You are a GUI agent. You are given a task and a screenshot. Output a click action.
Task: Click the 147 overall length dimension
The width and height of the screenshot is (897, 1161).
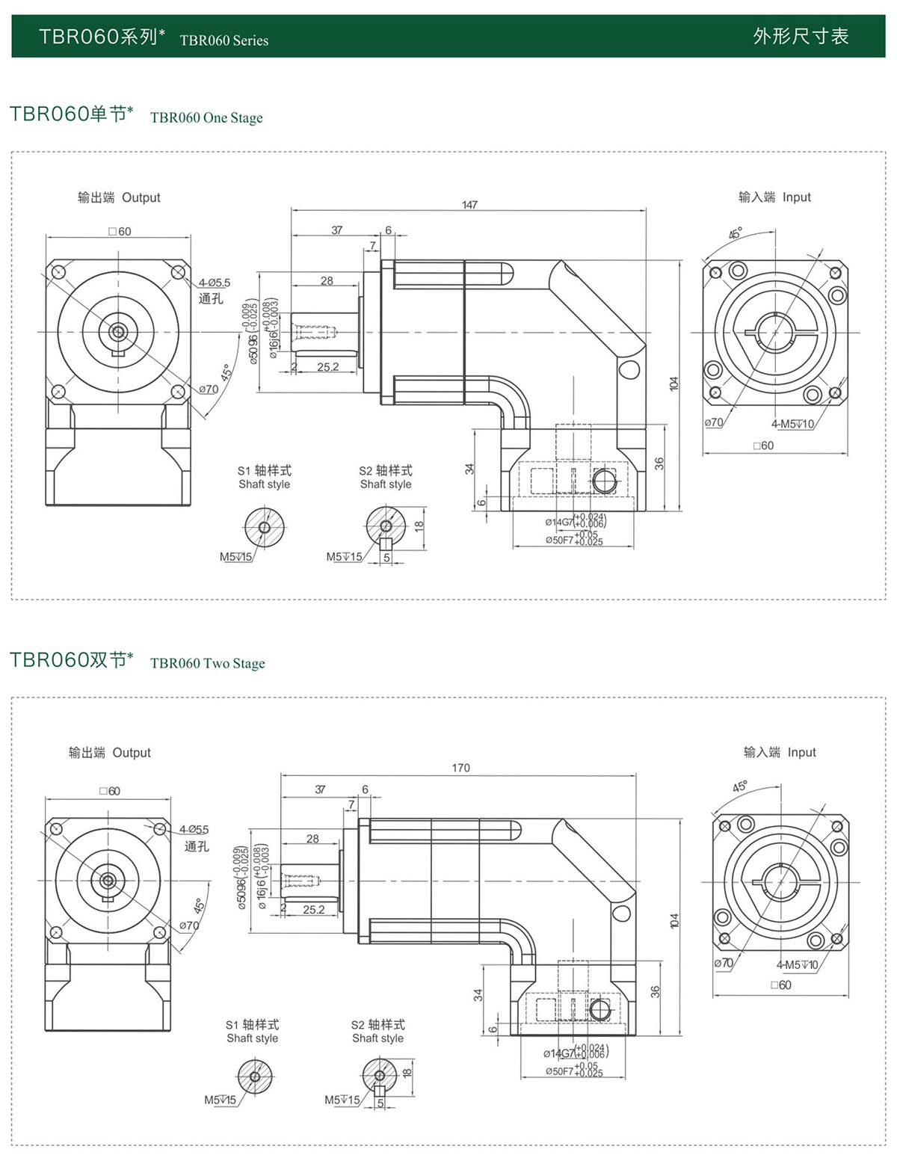pos(469,205)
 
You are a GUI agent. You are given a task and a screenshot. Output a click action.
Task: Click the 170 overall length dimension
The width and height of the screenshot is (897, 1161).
pos(461,768)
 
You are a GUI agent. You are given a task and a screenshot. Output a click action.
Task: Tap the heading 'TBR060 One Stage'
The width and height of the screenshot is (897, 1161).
pos(206,117)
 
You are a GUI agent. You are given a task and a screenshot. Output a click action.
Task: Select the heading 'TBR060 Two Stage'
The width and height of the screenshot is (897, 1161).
pos(207,663)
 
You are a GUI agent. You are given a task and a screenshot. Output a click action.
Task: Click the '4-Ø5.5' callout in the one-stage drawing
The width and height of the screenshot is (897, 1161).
pos(215,283)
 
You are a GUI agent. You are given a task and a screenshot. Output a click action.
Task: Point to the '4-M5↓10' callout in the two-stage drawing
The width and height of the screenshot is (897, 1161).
pos(797,965)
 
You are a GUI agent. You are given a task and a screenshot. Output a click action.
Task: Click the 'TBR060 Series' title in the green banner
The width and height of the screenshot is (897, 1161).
pos(224,40)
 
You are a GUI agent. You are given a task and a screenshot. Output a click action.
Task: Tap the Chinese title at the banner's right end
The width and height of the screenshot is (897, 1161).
pos(801,37)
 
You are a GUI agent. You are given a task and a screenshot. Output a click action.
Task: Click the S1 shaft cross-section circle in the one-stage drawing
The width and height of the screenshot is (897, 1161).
pos(264,527)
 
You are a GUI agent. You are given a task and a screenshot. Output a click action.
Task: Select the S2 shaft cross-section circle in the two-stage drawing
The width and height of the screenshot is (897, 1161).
pos(380,1076)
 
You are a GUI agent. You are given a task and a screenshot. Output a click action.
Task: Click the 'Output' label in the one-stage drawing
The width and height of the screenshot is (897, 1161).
pos(141,197)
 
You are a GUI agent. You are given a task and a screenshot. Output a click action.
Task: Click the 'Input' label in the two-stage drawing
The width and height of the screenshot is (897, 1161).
pos(801,752)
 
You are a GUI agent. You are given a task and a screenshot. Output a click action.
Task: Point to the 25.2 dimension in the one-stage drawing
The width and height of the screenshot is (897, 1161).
pos(327,367)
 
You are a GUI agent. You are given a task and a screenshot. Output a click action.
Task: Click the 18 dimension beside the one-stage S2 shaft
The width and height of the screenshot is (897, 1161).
pos(419,525)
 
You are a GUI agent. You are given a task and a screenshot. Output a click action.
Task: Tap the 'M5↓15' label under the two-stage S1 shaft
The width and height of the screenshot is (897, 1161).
pos(220,1100)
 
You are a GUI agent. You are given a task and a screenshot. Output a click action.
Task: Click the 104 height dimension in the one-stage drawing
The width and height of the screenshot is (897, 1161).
pos(673,384)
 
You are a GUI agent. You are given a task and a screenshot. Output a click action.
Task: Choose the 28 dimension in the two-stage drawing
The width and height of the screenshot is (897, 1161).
pos(312,839)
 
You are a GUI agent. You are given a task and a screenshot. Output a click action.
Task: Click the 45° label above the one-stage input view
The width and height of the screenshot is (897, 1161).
pos(736,233)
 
